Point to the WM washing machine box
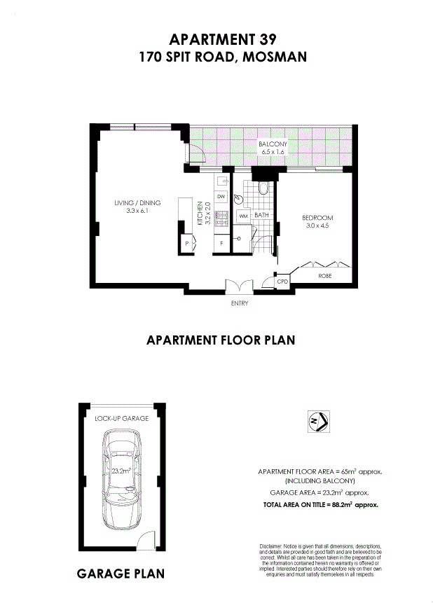(243, 216)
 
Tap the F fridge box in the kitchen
(221, 243)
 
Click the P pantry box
(187, 243)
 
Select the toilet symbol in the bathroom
(263, 188)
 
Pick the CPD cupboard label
(283, 281)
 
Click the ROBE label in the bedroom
(324, 277)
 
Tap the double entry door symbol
(239, 286)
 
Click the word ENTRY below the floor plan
(239, 303)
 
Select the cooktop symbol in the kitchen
(219, 219)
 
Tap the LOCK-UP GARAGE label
(121, 418)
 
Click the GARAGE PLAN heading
(121, 574)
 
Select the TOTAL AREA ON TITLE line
(320, 504)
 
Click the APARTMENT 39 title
(223, 39)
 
